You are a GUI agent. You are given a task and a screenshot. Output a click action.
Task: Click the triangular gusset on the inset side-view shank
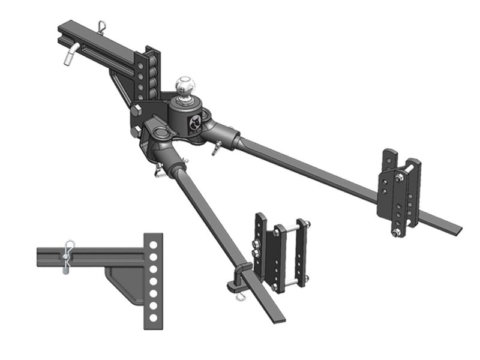click(x=124, y=281)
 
